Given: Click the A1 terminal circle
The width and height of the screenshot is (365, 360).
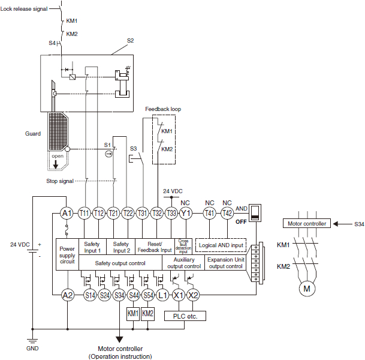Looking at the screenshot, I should tap(67, 212).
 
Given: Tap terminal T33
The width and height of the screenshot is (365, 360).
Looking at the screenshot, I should tap(171, 212).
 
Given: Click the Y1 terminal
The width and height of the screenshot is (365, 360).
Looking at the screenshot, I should tap(186, 212).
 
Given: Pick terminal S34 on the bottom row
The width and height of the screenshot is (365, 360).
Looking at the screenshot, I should tap(119, 295).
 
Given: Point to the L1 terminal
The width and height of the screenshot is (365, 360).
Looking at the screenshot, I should tap(163, 295).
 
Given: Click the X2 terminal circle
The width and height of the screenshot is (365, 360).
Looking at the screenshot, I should tap(193, 295).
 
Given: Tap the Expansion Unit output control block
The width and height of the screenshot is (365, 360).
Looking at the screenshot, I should tap(225, 262).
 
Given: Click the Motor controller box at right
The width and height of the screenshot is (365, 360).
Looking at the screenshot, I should tap(307, 223).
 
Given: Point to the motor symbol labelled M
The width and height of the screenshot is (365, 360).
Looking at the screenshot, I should tap(307, 289).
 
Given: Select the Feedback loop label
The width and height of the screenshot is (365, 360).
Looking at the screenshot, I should tap(163, 109).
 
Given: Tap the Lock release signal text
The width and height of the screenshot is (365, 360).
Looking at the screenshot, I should tap(28, 10).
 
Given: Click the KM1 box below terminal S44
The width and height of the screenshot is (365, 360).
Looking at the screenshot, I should tap(133, 313).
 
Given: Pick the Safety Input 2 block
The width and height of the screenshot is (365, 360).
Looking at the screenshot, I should tap(120, 247).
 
